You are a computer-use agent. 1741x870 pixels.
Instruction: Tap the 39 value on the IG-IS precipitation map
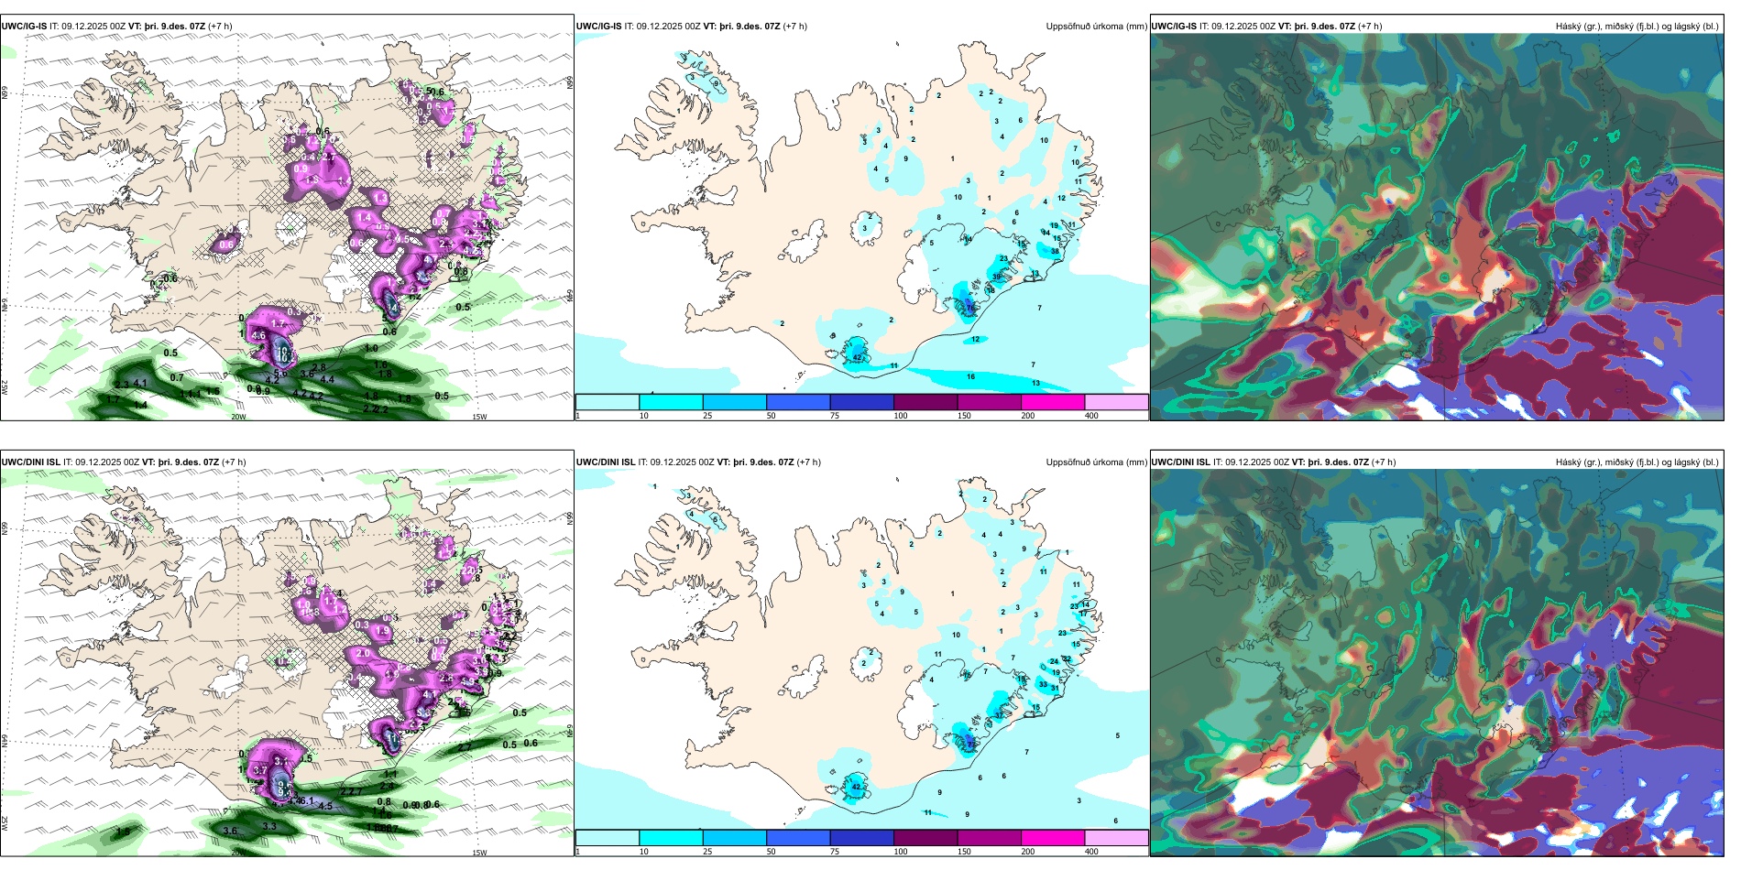pos(997,277)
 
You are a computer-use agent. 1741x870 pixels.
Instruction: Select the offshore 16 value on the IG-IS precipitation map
pos(970,376)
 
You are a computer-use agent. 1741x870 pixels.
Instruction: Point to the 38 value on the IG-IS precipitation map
pos(1055,251)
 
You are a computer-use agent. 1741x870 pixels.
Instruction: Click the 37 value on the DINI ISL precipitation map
pos(1000,713)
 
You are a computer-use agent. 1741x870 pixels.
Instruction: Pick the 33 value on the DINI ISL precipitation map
pos(1043,684)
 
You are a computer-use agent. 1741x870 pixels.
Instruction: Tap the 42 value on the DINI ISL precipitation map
pos(857,787)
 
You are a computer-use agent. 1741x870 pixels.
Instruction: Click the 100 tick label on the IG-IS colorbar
pos(901,416)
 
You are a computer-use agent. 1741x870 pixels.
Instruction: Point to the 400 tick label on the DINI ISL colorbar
pos(1091,852)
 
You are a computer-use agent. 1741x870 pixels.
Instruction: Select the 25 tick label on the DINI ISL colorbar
pos(707,852)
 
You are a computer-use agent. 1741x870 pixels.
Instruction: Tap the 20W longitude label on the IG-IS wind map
pos(238,417)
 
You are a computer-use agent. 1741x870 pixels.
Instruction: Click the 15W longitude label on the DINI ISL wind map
pos(479,853)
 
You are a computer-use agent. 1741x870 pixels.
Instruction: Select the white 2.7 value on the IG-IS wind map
pos(329,157)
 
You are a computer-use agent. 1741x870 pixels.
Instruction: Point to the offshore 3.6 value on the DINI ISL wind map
pos(230,832)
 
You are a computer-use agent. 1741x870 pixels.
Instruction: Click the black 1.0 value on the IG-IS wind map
pos(371,348)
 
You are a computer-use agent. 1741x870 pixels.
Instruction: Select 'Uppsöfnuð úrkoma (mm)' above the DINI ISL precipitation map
pos(1096,462)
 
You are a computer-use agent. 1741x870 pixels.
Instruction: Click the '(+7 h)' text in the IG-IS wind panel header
pos(220,26)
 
